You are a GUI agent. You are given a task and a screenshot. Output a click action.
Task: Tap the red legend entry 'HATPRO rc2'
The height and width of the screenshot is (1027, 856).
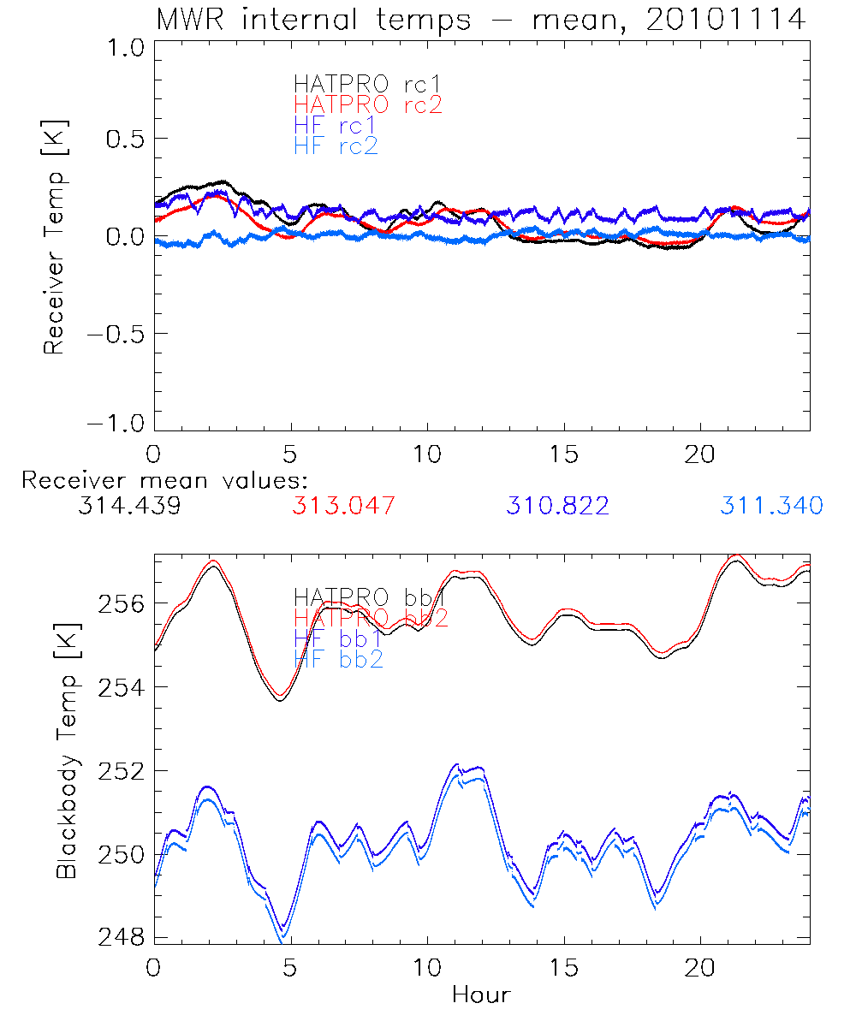click(x=367, y=104)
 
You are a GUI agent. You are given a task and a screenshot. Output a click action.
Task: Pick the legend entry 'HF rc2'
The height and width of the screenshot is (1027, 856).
click(x=336, y=145)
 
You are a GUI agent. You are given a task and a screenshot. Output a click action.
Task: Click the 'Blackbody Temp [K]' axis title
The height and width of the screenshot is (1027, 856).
click(x=67, y=750)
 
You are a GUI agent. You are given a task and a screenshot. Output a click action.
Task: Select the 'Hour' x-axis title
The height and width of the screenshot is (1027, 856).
click(x=481, y=994)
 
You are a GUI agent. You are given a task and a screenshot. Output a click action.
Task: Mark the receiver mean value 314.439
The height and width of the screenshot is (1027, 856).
click(x=128, y=506)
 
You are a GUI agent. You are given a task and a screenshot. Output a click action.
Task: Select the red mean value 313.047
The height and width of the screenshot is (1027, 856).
click(x=343, y=506)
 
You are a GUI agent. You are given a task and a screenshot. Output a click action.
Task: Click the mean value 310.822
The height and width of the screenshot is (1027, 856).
click(x=557, y=506)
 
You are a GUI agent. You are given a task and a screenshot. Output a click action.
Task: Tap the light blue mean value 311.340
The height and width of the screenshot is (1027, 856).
click(x=771, y=506)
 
